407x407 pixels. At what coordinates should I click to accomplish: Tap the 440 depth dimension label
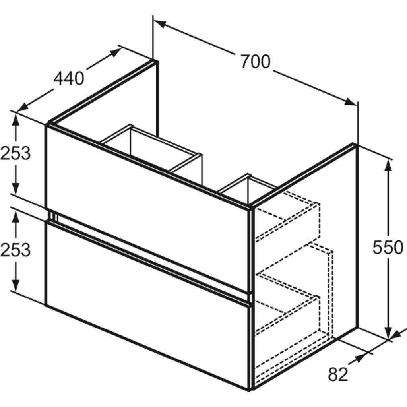[x=69, y=78]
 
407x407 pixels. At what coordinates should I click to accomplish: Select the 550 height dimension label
[x=388, y=247]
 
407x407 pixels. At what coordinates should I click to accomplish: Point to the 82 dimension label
[x=338, y=374]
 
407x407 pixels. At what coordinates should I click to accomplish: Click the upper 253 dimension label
[x=16, y=153]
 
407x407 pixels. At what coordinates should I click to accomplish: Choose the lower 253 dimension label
[x=16, y=250]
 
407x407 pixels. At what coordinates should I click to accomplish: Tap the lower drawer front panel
[x=148, y=304]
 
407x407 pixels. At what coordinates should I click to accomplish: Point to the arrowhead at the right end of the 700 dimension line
[x=351, y=102]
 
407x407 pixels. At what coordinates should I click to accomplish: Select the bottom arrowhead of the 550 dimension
[x=388, y=333]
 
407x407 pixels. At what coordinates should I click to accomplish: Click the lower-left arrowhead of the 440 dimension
[x=22, y=107]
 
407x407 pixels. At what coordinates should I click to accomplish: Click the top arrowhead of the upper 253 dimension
[x=16, y=120]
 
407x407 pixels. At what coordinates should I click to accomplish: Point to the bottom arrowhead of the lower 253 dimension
[x=16, y=285]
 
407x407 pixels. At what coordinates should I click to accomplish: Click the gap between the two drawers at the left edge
[x=52, y=215]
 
